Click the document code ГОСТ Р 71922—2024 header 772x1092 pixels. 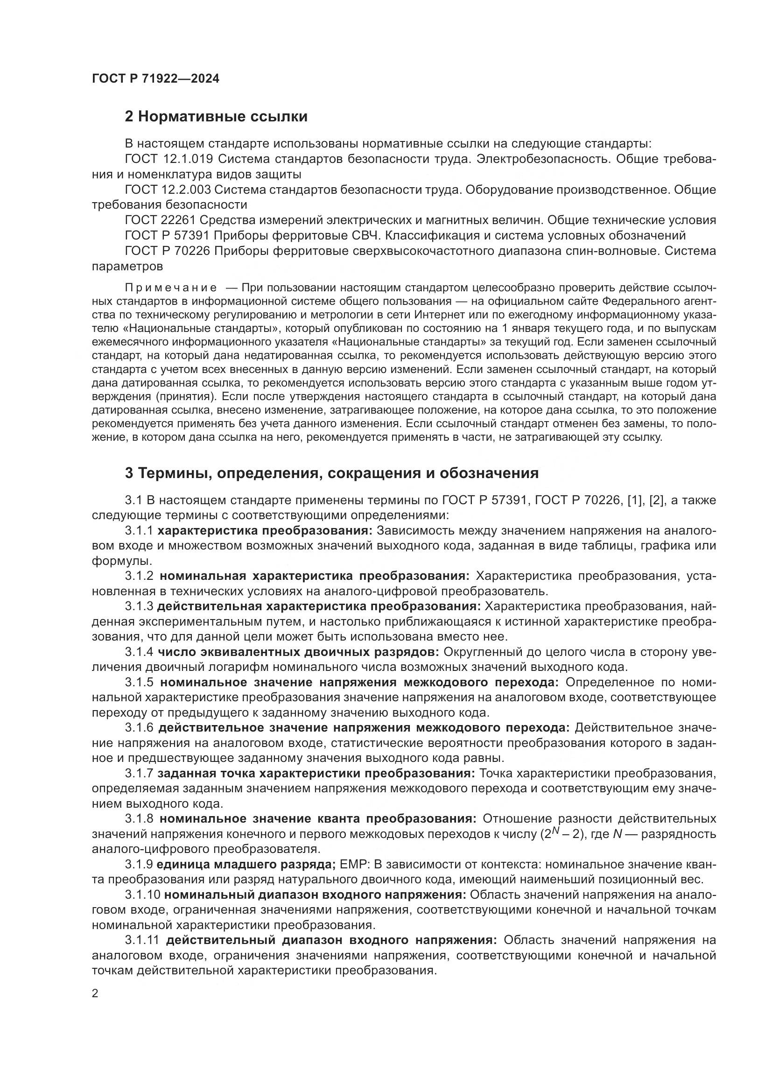tap(155, 79)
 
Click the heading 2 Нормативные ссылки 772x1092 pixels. tap(216, 117)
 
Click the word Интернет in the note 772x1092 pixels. tap(437, 314)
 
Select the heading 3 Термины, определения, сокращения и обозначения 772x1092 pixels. tap(331, 473)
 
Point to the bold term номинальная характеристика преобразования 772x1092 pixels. tap(314, 576)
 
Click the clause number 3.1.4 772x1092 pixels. tap(139, 652)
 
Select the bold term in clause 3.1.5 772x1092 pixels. tap(359, 683)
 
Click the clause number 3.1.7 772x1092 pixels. tap(139, 774)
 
